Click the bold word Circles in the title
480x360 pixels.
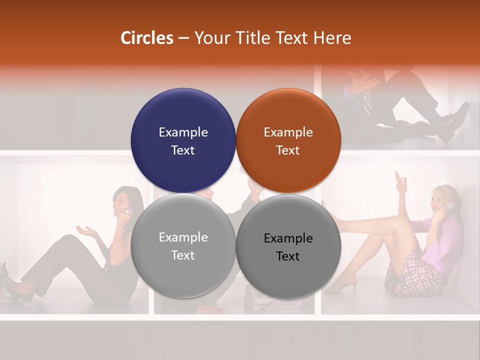pyautogui.click(x=146, y=38)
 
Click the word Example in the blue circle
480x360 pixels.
pyautogui.click(x=183, y=132)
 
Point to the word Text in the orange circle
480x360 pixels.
pyautogui.click(x=288, y=150)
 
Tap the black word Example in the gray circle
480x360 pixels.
pyautogui.click(x=288, y=238)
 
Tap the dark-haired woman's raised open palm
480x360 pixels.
pyautogui.click(x=86, y=230)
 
